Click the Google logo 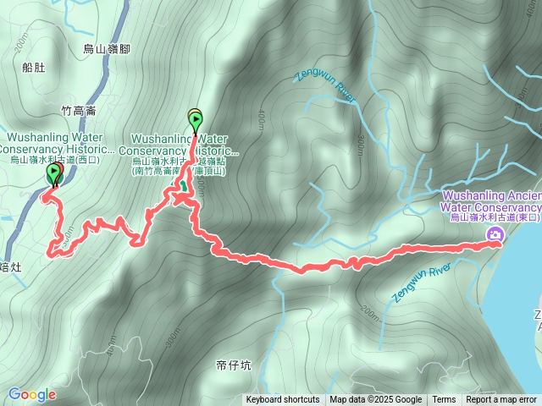coord(32,394)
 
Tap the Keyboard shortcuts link coord(283,400)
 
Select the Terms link coord(444,400)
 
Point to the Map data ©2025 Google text coord(375,400)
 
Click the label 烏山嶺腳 coord(108,49)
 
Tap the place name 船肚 coord(35,68)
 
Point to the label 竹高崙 coord(79,111)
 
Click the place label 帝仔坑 coord(233,365)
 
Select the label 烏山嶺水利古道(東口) coord(495,218)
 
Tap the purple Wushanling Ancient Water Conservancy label coord(491,201)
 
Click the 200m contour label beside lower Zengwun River coord(371,314)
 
